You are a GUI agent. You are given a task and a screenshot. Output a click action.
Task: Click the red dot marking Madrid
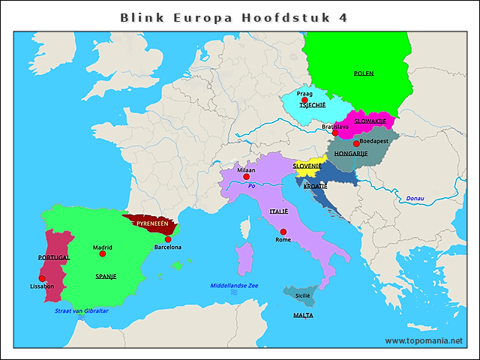click(103, 254)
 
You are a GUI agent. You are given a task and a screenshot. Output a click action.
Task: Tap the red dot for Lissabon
click(42, 278)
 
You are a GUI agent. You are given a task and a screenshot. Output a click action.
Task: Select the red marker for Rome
click(283, 232)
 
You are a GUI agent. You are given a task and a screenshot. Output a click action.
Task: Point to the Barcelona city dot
click(168, 239)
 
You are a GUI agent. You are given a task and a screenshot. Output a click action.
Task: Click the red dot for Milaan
click(246, 177)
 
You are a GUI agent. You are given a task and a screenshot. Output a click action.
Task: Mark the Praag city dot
click(304, 100)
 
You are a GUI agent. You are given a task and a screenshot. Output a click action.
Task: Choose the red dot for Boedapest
click(356, 143)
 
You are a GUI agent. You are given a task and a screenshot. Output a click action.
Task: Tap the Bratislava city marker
click(335, 133)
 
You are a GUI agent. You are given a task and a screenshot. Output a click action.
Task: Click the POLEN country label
click(364, 73)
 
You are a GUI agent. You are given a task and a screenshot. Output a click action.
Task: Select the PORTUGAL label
click(53, 256)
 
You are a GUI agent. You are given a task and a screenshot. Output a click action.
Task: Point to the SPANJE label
click(106, 276)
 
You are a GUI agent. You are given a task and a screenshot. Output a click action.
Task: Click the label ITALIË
click(278, 211)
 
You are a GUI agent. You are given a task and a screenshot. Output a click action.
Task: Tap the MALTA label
click(303, 316)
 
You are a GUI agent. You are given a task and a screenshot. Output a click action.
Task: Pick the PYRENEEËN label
click(151, 223)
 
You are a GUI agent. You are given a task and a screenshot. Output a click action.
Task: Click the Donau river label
click(415, 198)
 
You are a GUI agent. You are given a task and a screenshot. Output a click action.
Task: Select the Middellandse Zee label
click(234, 286)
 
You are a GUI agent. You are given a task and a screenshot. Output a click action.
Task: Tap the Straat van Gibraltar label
click(82, 310)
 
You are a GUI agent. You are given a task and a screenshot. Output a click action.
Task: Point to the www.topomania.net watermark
click(424, 340)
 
